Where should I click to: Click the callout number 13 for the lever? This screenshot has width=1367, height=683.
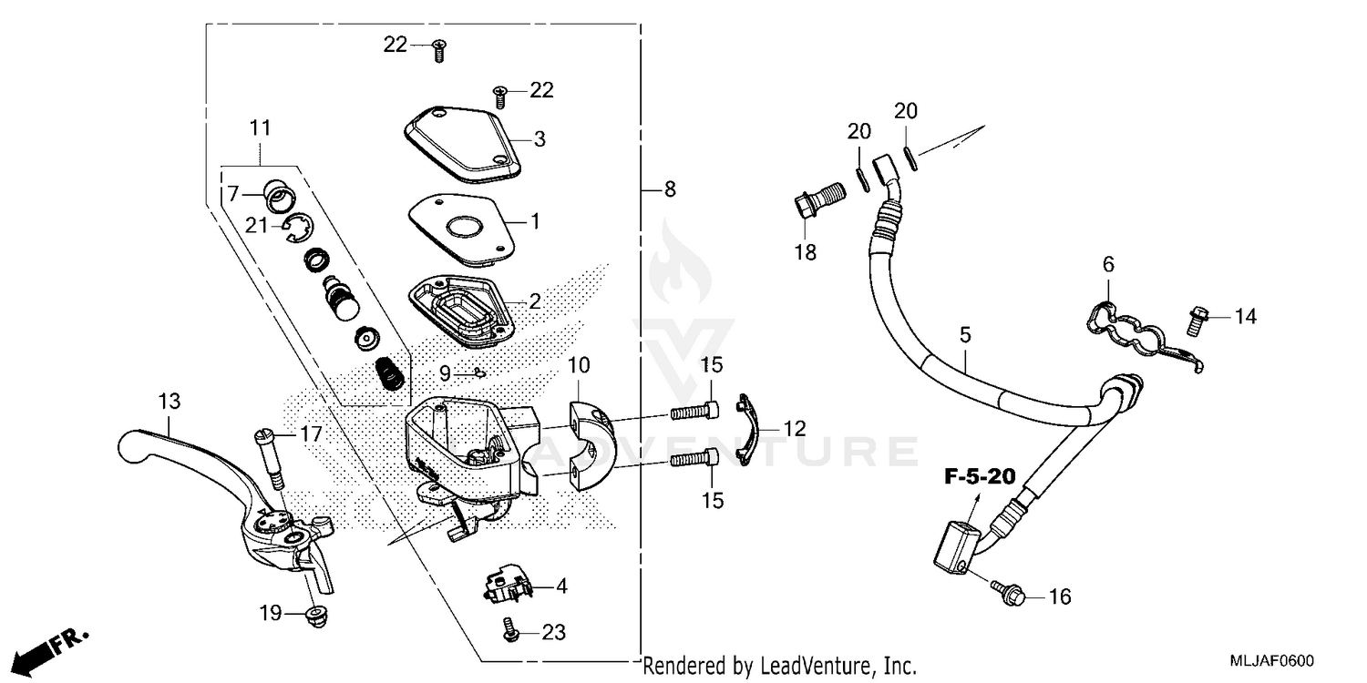[x=169, y=401]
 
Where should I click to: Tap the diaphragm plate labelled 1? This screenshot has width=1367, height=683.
[x=456, y=226]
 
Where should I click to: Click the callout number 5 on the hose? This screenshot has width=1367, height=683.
[x=965, y=336]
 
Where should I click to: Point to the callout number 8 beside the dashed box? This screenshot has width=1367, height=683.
[x=670, y=189]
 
